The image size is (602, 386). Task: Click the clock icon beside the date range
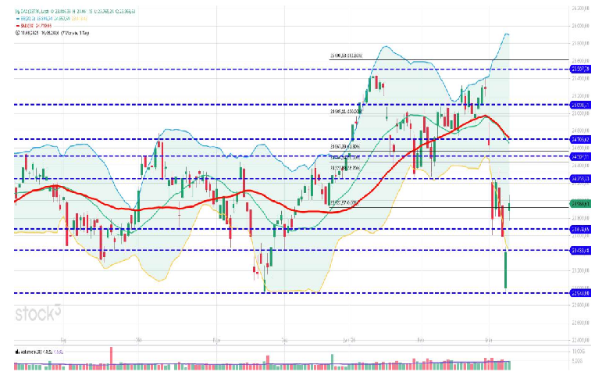[x=16, y=34]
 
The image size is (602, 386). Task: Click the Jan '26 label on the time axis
[x=348, y=341]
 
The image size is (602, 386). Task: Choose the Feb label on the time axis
[x=421, y=341]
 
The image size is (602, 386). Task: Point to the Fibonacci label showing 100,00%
[x=344, y=112]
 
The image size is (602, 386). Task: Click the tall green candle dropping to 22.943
[x=506, y=270]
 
